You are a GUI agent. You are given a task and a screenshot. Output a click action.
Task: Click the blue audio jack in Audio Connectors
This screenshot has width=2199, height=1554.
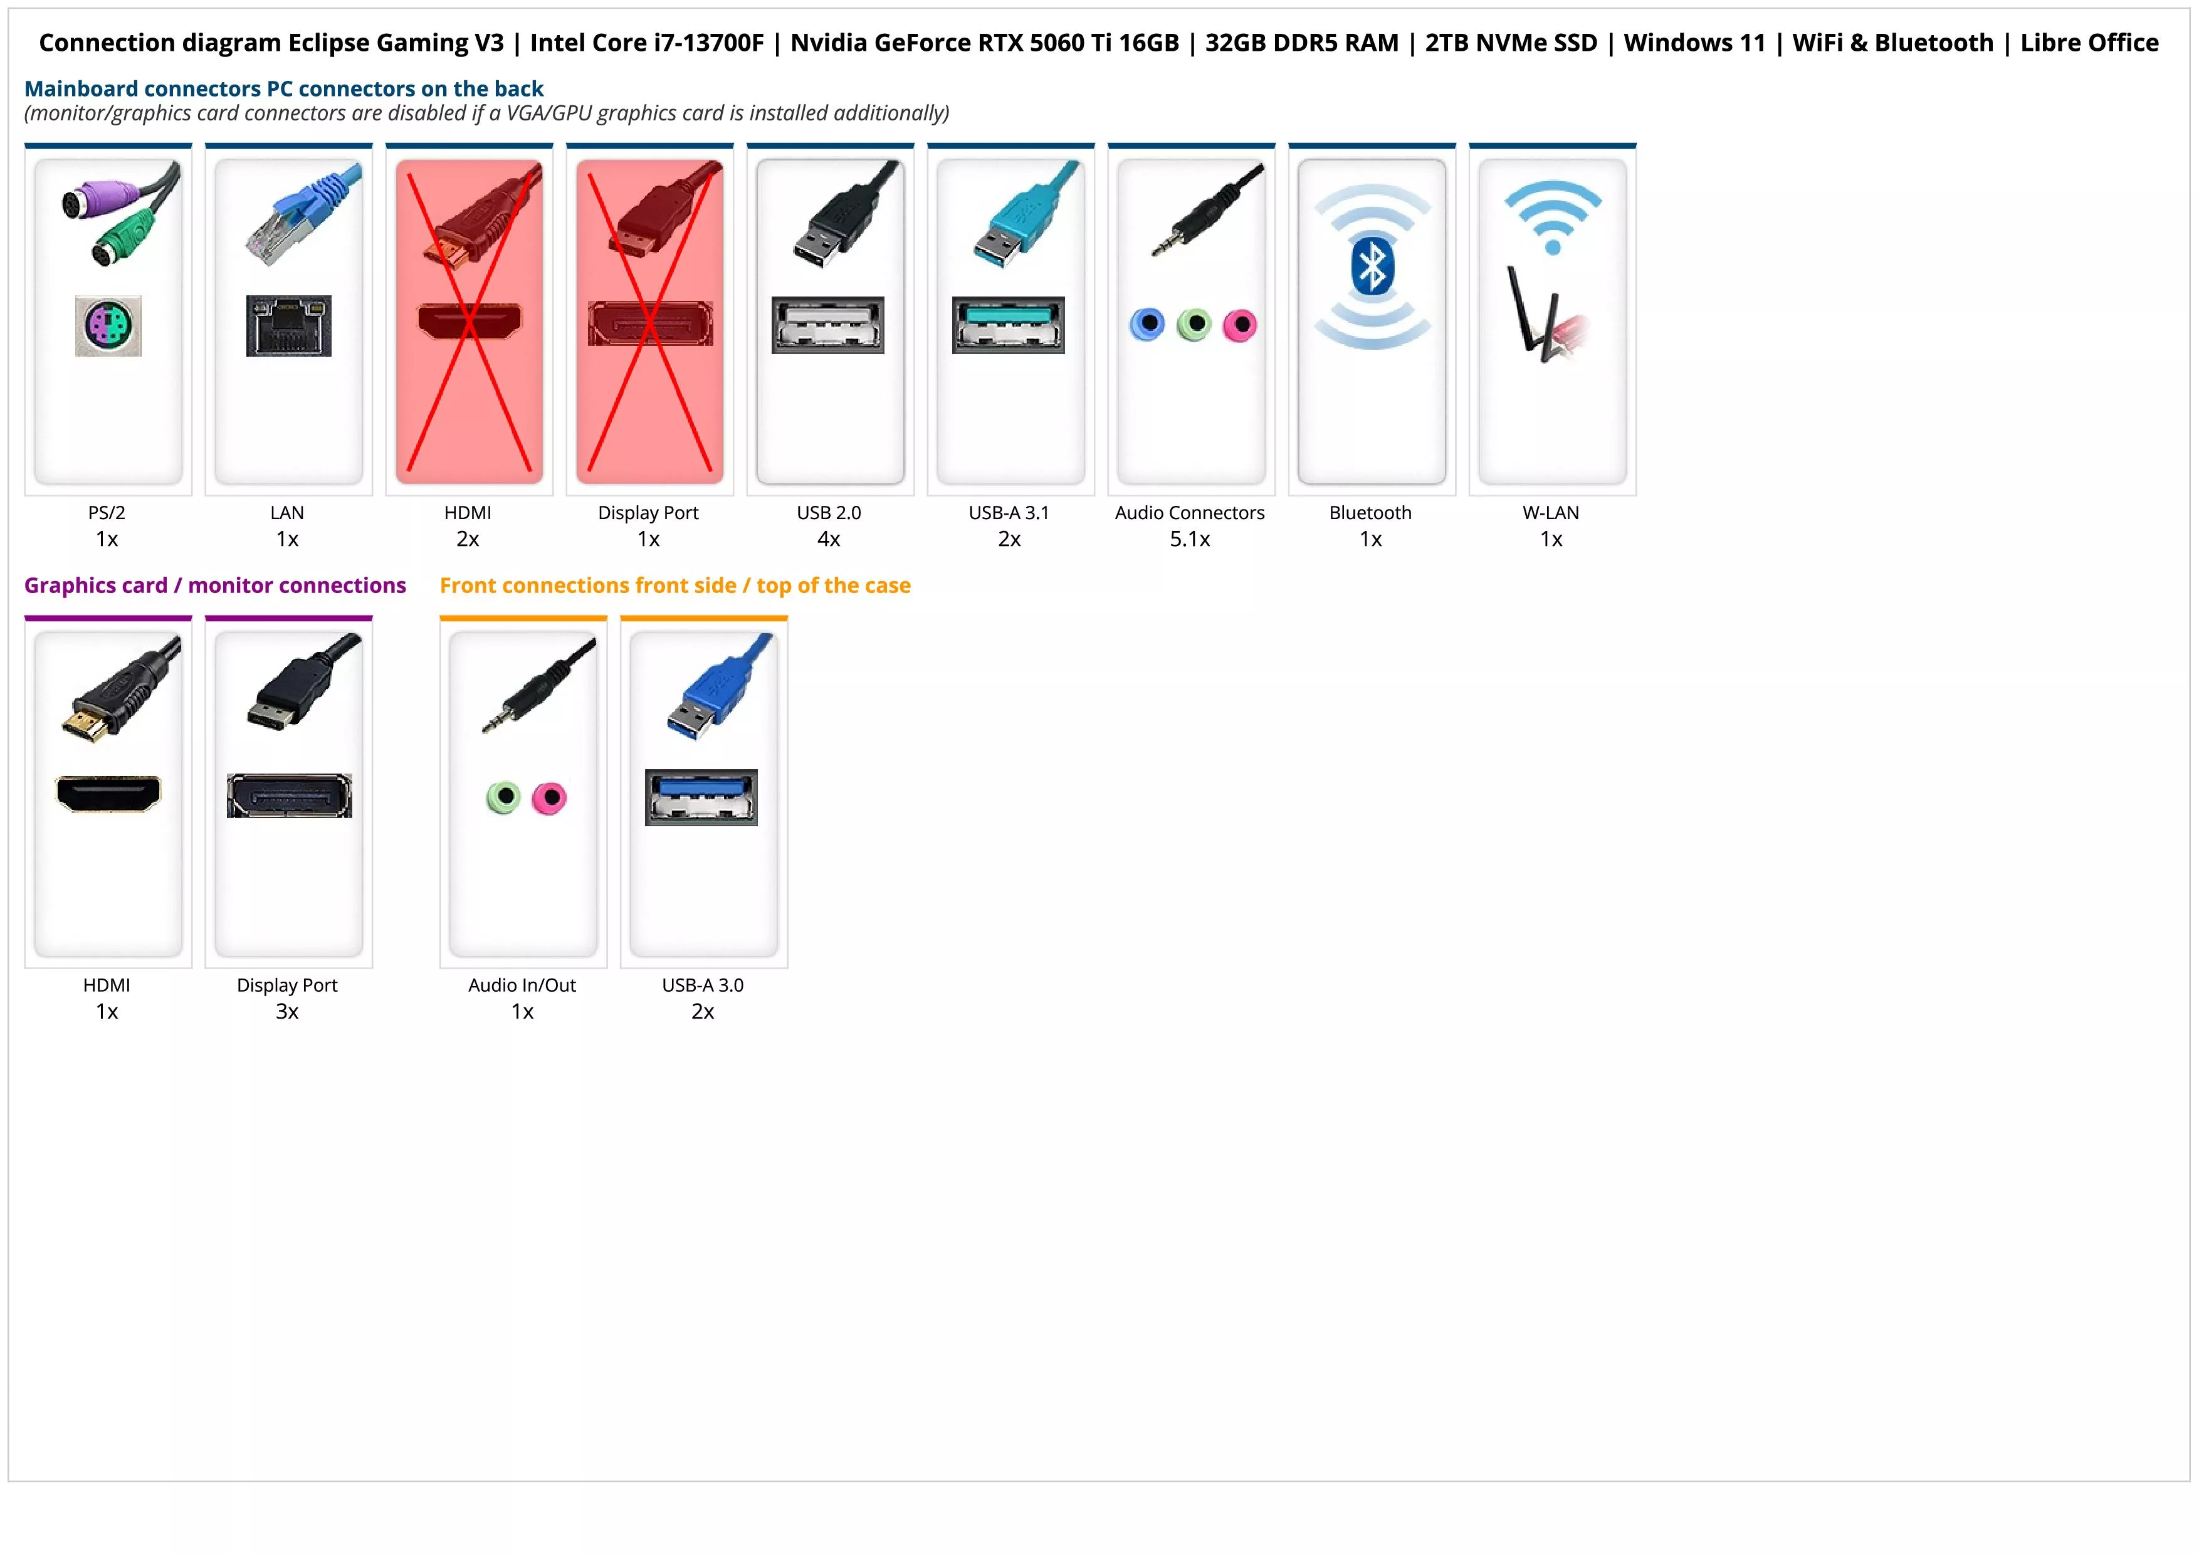[x=1147, y=325]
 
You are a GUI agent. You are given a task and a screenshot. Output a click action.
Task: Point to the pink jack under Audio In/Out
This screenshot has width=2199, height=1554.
[x=550, y=797]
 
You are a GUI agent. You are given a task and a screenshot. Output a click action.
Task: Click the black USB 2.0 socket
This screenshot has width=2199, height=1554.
[x=827, y=325]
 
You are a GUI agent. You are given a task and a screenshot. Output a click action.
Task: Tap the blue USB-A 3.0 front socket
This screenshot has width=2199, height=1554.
[x=701, y=797]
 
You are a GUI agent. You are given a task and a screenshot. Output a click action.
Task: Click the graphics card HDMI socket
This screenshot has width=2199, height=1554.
[x=108, y=794]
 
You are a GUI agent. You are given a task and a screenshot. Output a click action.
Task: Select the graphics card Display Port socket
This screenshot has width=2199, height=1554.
[x=289, y=795]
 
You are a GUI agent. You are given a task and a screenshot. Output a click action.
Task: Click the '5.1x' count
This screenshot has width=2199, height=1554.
[x=1190, y=540]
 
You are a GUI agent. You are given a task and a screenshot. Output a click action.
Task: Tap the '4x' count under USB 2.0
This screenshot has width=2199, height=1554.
[x=829, y=540]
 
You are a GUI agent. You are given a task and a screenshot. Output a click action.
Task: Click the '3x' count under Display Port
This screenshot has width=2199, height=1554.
[x=287, y=1012]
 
